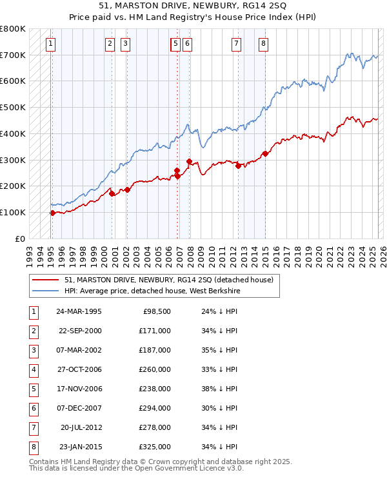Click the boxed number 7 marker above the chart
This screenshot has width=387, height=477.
pyautogui.click(x=237, y=44)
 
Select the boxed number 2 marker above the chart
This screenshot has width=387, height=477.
pyautogui.click(x=110, y=44)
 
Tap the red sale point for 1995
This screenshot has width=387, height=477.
pyautogui.click(x=52, y=213)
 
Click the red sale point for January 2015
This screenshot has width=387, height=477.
pyautogui.click(x=265, y=153)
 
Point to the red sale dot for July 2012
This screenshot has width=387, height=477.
pyautogui.click(x=239, y=166)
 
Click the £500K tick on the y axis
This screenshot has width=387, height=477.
pyautogui.click(x=13, y=108)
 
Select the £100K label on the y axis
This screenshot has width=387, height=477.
pyautogui.click(x=13, y=212)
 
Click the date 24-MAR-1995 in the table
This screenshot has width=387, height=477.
pyautogui.click(x=79, y=311)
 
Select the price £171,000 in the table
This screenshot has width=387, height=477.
pyautogui.click(x=155, y=331)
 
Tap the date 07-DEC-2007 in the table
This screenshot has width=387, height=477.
pyautogui.click(x=79, y=408)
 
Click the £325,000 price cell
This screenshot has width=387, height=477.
pyautogui.click(x=155, y=447)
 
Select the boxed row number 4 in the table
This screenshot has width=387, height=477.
pyautogui.click(x=33, y=369)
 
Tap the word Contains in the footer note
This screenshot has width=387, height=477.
pyautogui.click(x=46, y=462)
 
